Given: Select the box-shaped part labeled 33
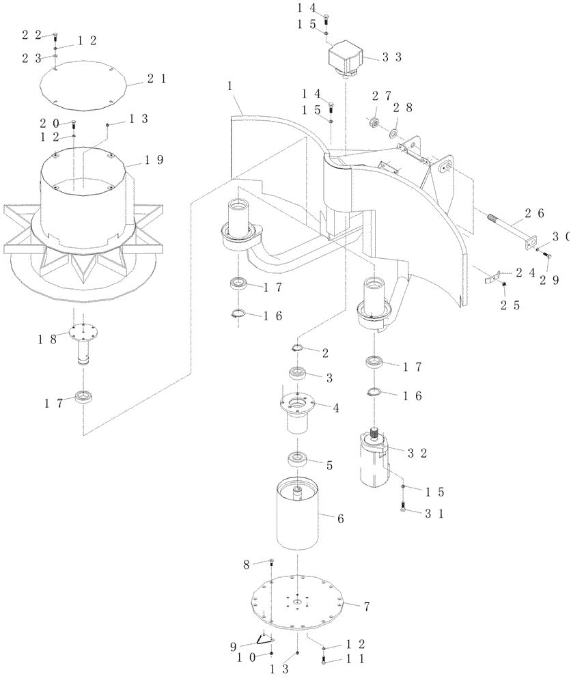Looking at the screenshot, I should click(347, 58).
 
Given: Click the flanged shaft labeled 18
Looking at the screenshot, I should click(85, 345).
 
